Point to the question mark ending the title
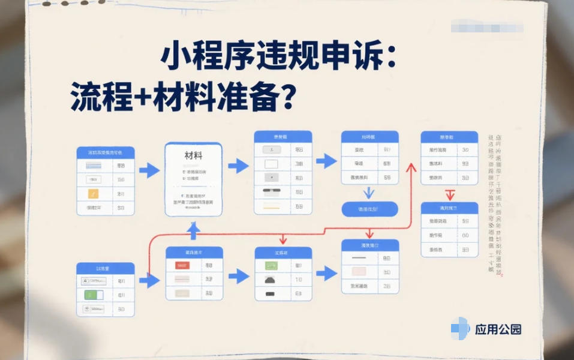[x=287, y=97]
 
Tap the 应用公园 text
[x=498, y=329]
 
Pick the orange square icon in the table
[x=93, y=194]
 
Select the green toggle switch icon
[x=93, y=295]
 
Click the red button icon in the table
[x=182, y=265]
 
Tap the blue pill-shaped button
[x=369, y=209]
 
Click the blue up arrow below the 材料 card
[x=193, y=229]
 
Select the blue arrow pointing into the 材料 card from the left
[x=149, y=170]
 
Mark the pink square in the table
[x=359, y=271]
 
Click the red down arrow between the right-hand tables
[x=449, y=194]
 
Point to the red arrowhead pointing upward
[x=411, y=167]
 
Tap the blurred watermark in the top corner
[x=486, y=27]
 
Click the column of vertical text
[x=495, y=204]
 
